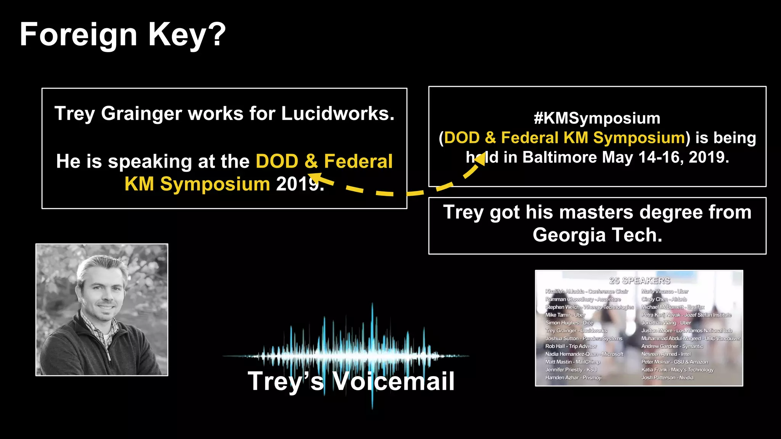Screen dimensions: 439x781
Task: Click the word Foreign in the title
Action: coord(78,35)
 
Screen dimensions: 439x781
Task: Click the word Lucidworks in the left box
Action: coord(337,114)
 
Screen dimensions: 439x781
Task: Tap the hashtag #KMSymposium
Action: coord(597,118)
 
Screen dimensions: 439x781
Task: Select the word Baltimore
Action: coord(559,157)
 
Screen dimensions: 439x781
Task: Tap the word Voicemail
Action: coord(394,381)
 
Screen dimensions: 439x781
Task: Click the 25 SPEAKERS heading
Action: coord(640,281)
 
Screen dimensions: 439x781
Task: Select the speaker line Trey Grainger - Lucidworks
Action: coord(576,331)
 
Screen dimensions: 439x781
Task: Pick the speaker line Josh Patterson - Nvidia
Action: coord(667,378)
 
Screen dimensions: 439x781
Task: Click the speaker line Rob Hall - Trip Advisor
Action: coord(571,346)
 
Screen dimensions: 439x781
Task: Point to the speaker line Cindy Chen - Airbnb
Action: coord(664,300)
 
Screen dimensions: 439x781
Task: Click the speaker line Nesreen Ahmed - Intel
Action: coord(666,354)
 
